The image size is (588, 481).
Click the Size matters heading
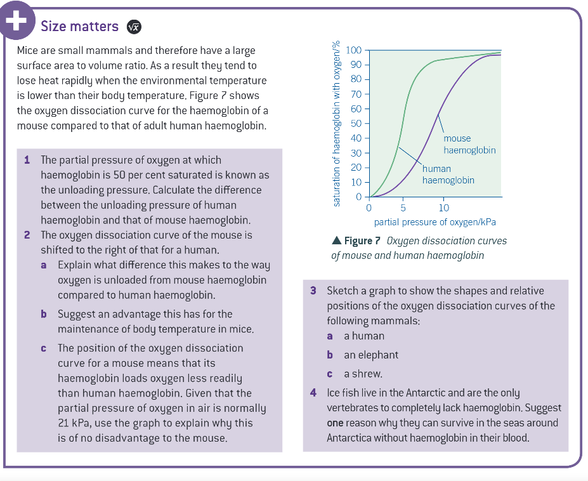[x=79, y=26]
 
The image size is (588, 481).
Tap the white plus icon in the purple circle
[x=15, y=20]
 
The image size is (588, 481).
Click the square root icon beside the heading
[x=133, y=27]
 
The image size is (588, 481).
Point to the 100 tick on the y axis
[x=354, y=50]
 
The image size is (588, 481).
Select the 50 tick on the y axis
[x=356, y=123]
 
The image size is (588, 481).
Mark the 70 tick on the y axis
[x=356, y=94]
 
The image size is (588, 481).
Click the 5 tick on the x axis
[x=403, y=208]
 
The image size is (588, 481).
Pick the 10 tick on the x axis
[x=443, y=208]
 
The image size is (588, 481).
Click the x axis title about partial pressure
[x=434, y=222]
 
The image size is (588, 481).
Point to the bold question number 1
[x=27, y=159]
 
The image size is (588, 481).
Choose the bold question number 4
[x=313, y=393]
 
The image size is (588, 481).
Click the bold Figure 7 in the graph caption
[x=362, y=241]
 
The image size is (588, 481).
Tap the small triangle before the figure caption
[x=336, y=241]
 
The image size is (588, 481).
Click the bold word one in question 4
[x=336, y=423]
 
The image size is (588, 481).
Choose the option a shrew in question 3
[x=363, y=374]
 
